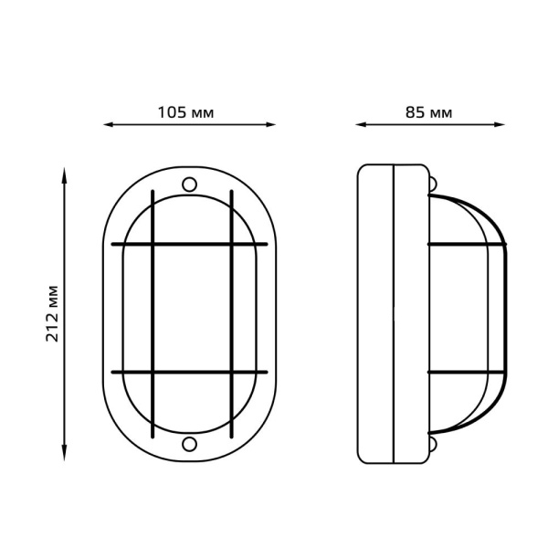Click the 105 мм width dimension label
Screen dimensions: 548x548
point(186,113)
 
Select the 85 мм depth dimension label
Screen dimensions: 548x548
point(428,113)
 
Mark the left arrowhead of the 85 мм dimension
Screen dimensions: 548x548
point(360,125)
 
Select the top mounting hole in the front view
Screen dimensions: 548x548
point(189,184)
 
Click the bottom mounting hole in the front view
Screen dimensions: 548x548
point(189,445)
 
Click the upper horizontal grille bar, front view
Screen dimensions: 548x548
point(189,244)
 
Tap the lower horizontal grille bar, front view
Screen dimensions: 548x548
point(189,372)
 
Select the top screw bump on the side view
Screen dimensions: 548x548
point(432,184)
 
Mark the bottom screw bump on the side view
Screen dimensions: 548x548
point(432,444)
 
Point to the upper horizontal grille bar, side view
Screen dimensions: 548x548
point(466,244)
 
